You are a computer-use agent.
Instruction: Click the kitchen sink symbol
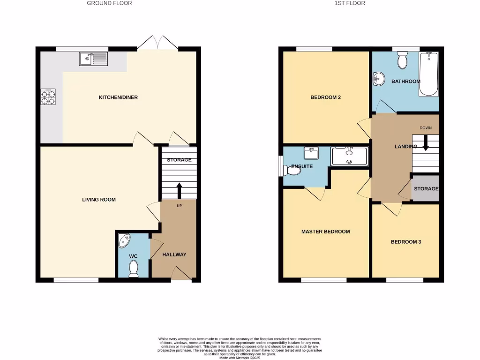(94, 59)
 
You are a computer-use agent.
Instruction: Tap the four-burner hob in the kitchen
(48, 97)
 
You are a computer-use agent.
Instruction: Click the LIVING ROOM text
(98, 200)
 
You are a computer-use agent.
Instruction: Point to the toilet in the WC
(134, 269)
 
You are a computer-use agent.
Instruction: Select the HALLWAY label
(174, 255)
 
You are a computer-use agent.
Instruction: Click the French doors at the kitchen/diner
(157, 43)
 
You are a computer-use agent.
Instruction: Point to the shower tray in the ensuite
(350, 156)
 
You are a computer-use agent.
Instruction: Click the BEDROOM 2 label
(325, 97)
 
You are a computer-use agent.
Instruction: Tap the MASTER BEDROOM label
(325, 232)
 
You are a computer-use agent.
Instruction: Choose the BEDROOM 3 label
(406, 242)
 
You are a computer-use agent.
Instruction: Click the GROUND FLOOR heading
(109, 3)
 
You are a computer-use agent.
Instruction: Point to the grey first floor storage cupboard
(426, 189)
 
